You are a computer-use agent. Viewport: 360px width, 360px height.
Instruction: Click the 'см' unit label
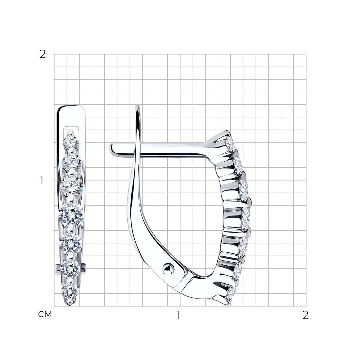(45, 314)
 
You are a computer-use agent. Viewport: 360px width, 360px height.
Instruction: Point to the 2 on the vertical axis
(43, 54)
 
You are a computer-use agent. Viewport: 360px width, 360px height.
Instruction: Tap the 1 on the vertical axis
(41, 180)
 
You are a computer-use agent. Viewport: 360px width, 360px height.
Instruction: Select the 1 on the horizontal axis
(178, 315)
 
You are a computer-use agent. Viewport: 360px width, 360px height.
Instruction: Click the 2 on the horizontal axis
(305, 315)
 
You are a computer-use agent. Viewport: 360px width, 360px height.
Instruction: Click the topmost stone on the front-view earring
(71, 141)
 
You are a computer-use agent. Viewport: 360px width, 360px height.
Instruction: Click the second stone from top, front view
(72, 162)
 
